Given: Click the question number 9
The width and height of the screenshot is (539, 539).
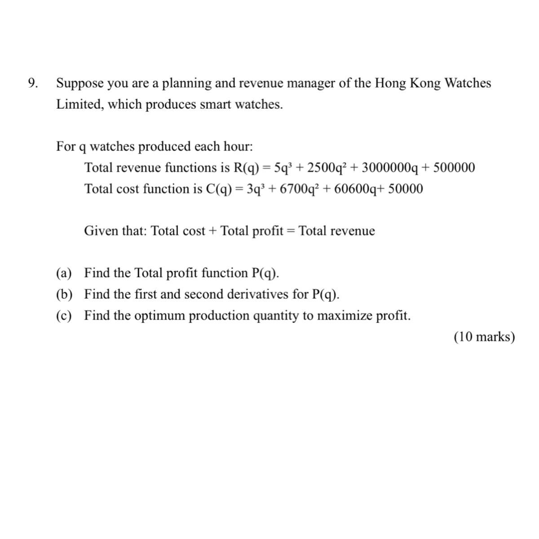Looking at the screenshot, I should (32, 84).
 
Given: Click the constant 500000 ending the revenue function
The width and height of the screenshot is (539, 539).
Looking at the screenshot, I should (453, 168).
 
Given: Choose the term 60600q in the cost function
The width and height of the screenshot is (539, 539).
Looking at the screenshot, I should (354, 189).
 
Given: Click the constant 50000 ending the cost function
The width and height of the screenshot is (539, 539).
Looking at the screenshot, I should (405, 189).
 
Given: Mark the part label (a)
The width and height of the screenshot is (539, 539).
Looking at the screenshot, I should (64, 273).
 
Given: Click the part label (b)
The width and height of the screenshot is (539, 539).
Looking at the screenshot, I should (64, 294).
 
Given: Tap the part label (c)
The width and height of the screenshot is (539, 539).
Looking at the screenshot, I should (64, 316).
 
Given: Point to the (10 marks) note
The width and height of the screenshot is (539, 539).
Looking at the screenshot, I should (484, 337).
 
